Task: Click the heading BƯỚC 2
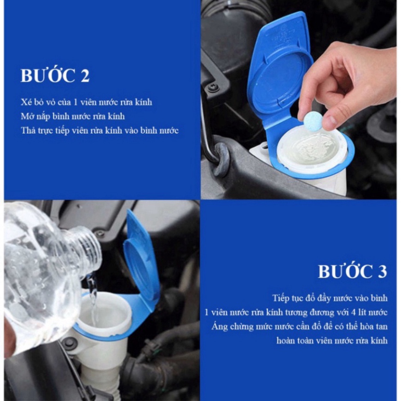[55, 76]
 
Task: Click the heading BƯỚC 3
[352, 272]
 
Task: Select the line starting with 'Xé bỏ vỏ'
[86, 102]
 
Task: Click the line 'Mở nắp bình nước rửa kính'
[73, 116]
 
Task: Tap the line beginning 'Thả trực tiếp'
[99, 130]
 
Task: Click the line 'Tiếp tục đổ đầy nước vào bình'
[330, 298]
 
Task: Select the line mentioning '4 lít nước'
[296, 313]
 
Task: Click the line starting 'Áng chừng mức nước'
[300, 326]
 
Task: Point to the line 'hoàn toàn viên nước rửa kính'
[331, 341]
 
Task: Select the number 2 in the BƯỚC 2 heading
[84, 76]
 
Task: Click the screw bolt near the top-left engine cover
[213, 87]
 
